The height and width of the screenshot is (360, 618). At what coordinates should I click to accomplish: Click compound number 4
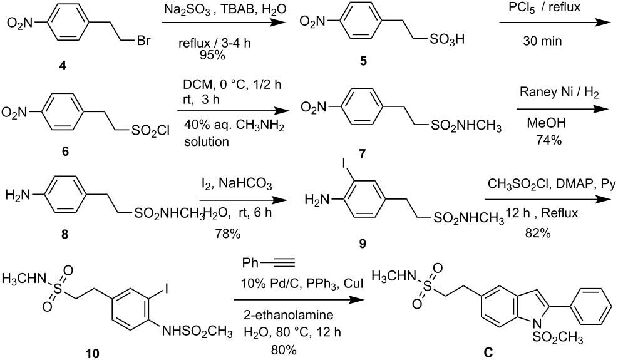(62, 66)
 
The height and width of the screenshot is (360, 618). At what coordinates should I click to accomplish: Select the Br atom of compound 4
(143, 40)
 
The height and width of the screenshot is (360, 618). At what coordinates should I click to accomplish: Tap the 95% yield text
(212, 55)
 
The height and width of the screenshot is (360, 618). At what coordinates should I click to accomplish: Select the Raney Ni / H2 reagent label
(559, 93)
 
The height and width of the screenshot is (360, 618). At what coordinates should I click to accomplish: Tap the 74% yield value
(548, 140)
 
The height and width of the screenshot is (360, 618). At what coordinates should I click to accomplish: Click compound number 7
(362, 153)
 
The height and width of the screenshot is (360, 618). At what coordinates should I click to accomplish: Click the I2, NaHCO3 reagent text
(235, 183)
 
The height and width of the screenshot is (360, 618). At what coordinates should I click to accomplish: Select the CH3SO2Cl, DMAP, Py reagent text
(550, 183)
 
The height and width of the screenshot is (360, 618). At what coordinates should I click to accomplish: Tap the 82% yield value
(538, 233)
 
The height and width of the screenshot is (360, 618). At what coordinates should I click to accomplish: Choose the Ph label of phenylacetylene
(250, 262)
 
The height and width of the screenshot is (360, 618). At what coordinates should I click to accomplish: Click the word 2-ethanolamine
(289, 315)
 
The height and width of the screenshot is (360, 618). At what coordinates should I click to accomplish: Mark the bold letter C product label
(488, 352)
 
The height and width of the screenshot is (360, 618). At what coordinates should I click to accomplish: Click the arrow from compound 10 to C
(298, 301)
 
